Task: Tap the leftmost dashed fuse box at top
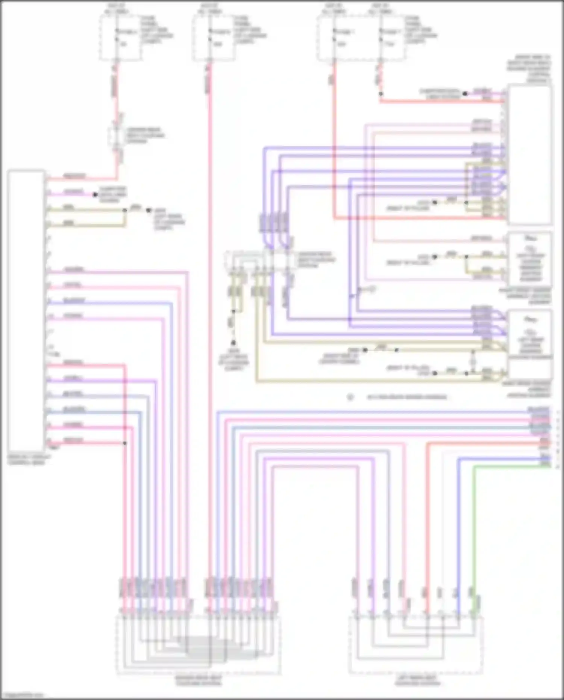pos(121,38)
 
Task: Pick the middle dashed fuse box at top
pos(214,38)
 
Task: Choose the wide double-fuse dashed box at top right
pos(361,38)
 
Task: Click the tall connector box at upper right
pos(530,154)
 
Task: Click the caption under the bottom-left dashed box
pos(199,680)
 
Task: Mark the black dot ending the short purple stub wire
pos(95,194)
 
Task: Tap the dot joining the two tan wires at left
pos(125,210)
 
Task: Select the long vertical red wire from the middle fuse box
pos(210,339)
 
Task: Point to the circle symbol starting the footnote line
pos(350,397)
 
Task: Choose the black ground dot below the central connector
pos(233,343)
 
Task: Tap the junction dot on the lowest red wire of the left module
pos(125,443)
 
